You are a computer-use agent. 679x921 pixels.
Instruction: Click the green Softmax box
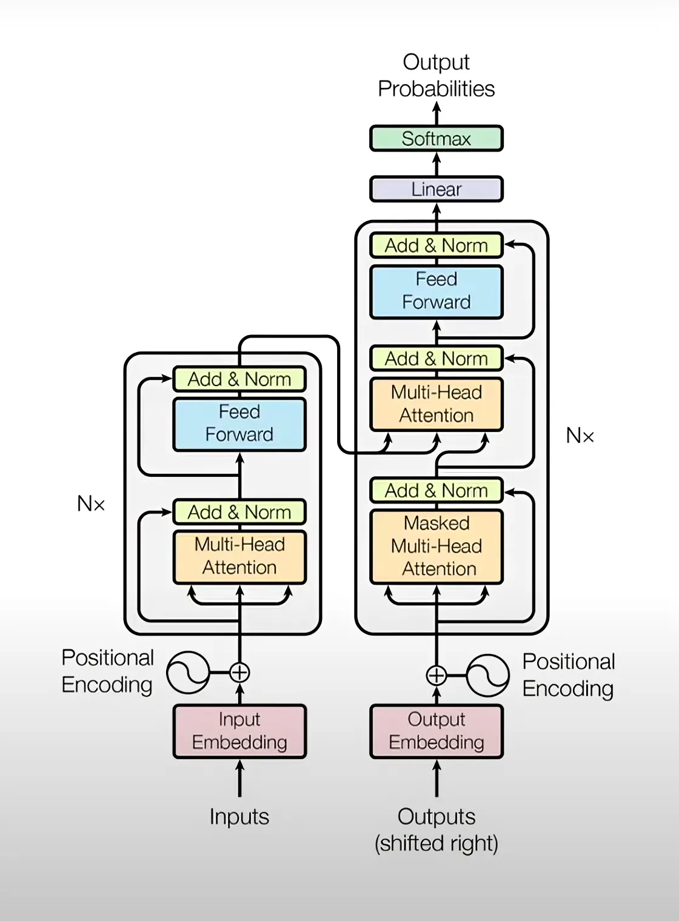(x=436, y=139)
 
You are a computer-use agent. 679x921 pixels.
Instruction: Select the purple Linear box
(x=436, y=189)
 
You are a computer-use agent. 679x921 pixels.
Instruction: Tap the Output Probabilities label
(x=436, y=75)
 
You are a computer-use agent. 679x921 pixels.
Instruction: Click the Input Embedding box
(x=239, y=731)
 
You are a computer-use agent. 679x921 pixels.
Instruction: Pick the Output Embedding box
(x=436, y=731)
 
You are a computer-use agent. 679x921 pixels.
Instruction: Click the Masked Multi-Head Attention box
(x=436, y=546)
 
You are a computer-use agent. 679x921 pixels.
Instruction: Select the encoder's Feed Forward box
(x=239, y=424)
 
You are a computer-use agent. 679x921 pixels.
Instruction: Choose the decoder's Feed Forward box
(x=436, y=291)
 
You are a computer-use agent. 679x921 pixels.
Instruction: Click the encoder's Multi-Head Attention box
(x=239, y=556)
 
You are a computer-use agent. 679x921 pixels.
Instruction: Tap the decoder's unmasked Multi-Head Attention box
(x=436, y=404)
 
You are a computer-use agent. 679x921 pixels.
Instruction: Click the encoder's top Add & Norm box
(x=239, y=379)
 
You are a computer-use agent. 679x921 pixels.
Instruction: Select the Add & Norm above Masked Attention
(x=436, y=490)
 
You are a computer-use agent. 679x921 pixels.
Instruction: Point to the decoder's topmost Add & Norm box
(x=436, y=245)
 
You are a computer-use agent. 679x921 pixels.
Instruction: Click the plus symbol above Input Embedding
(x=239, y=673)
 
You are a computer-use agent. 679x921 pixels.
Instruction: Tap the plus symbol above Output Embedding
(x=436, y=675)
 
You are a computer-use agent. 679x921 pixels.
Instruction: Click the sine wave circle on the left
(x=188, y=673)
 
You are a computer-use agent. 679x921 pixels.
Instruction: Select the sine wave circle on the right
(x=488, y=675)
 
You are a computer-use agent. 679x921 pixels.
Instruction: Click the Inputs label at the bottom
(x=239, y=817)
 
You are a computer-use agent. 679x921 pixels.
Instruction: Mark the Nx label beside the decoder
(x=580, y=435)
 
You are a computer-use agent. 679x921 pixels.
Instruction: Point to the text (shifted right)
(x=436, y=843)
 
